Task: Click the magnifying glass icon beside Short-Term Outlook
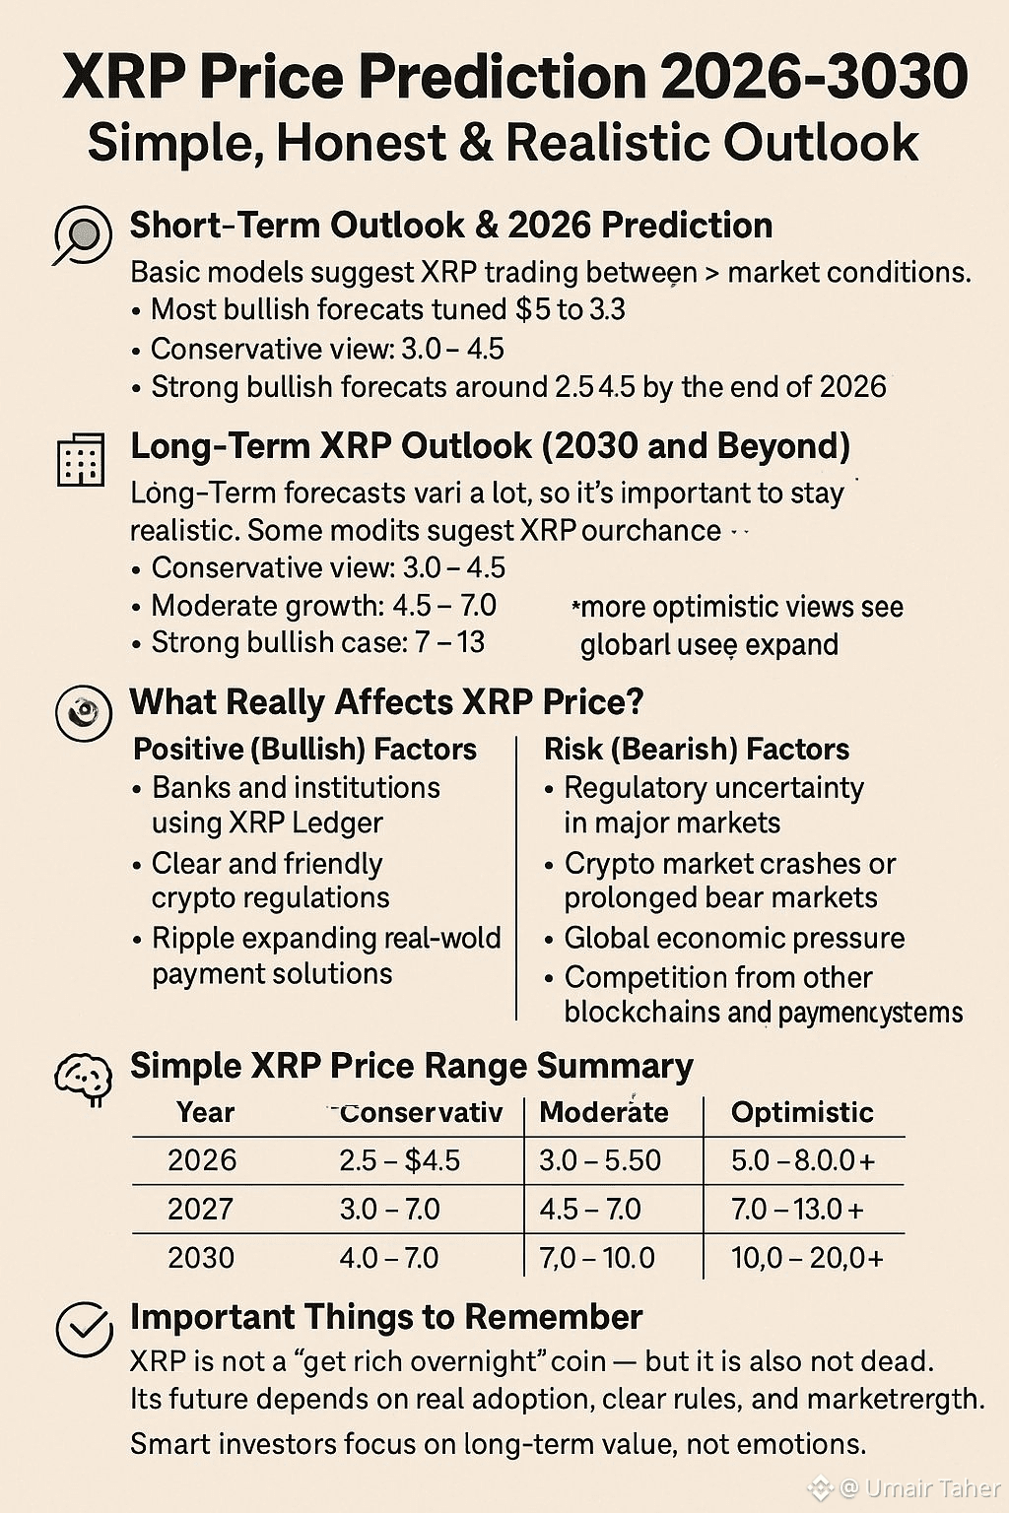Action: pyautogui.click(x=82, y=235)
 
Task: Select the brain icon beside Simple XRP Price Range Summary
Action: pyautogui.click(x=83, y=1078)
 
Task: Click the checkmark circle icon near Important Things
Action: pyautogui.click(x=84, y=1329)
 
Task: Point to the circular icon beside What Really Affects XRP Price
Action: pyautogui.click(x=83, y=712)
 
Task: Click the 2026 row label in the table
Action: pyautogui.click(x=202, y=1160)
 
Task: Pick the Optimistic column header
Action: pyautogui.click(x=802, y=1112)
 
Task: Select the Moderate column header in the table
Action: pyautogui.click(x=604, y=1112)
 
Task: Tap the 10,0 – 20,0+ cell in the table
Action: pyautogui.click(x=807, y=1258)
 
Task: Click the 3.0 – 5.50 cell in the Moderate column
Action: pyautogui.click(x=600, y=1160)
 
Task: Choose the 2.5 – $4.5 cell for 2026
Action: pyautogui.click(x=399, y=1160)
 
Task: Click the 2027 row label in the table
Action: pyautogui.click(x=201, y=1209)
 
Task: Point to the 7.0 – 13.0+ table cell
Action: pyautogui.click(x=797, y=1209)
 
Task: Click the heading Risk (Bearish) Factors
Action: pyautogui.click(x=697, y=750)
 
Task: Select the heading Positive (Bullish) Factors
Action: pyautogui.click(x=304, y=750)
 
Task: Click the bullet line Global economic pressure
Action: pyautogui.click(x=734, y=938)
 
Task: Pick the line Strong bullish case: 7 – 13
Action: pyautogui.click(x=317, y=643)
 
